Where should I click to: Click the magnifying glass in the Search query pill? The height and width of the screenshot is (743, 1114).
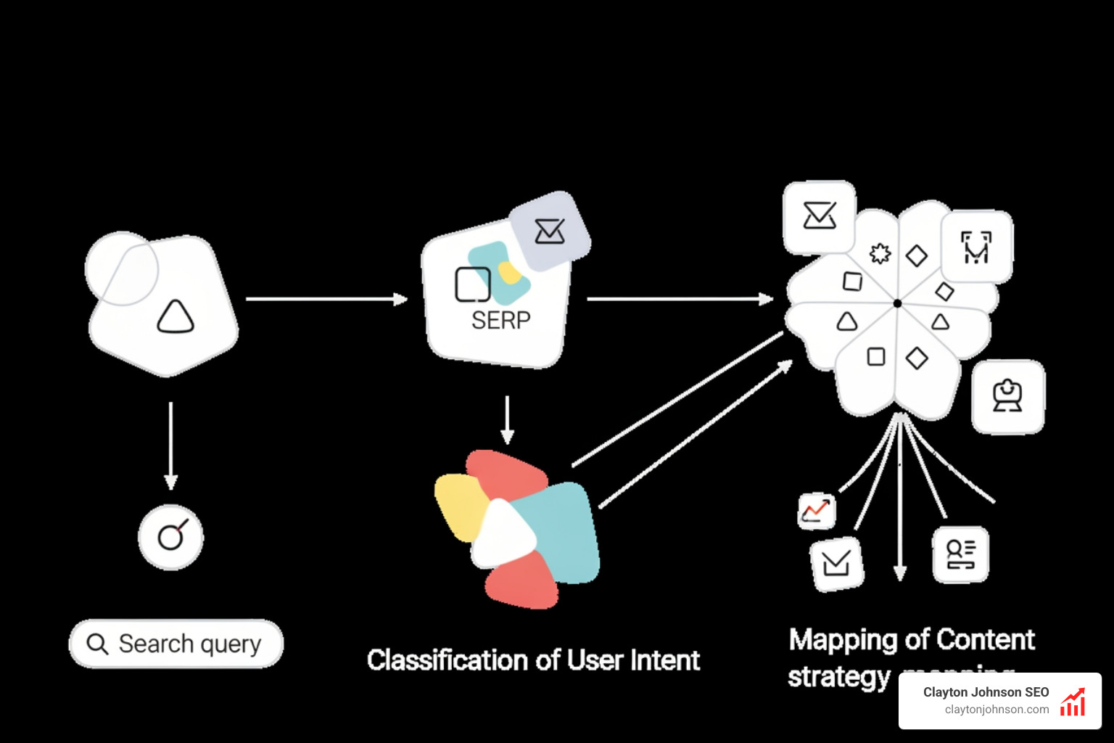click(97, 644)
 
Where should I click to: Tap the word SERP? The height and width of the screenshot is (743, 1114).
click(500, 320)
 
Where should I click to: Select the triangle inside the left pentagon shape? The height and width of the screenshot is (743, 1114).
click(176, 317)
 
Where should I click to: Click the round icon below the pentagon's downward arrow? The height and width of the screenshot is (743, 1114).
click(171, 537)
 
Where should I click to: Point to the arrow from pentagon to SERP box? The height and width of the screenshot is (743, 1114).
click(326, 298)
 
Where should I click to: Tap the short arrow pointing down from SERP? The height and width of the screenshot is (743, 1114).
click(507, 420)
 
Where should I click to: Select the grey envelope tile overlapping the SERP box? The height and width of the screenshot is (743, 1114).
click(550, 231)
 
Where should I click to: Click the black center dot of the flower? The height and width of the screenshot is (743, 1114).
click(897, 303)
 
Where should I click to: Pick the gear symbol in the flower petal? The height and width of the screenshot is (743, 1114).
click(880, 253)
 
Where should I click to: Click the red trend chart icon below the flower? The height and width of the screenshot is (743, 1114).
click(817, 511)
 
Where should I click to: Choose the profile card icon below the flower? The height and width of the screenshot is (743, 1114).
click(960, 554)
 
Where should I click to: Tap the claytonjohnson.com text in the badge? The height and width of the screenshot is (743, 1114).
click(997, 710)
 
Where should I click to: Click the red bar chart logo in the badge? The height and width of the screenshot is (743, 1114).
click(1073, 702)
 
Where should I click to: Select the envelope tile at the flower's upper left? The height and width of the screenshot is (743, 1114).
click(820, 216)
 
